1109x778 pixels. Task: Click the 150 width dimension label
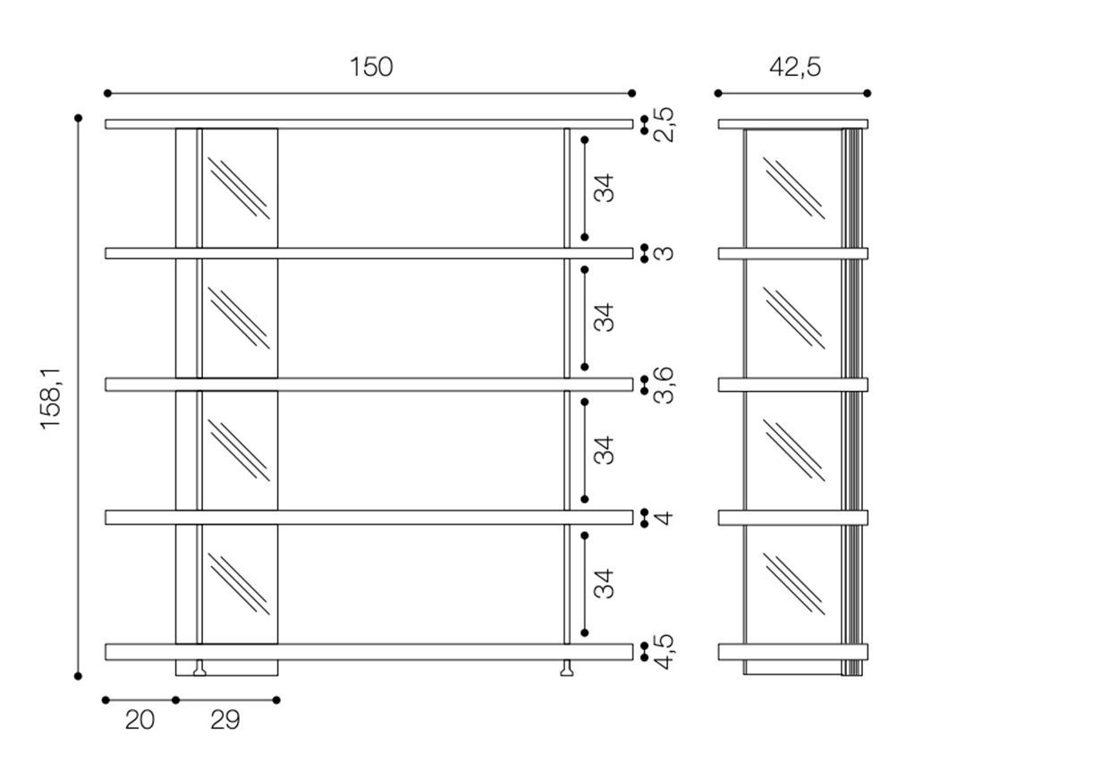tap(371, 67)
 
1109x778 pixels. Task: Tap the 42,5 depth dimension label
tap(794, 67)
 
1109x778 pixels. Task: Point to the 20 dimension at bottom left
tap(140, 720)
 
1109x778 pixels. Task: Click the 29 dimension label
tap(225, 720)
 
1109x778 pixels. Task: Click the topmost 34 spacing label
tap(604, 188)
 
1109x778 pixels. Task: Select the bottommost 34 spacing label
tap(604, 584)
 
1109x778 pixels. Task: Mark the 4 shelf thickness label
tap(664, 518)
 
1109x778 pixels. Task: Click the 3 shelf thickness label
tap(664, 253)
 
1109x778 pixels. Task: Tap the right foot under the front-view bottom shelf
tap(567, 668)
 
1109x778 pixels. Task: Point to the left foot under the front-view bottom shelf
tap(199, 668)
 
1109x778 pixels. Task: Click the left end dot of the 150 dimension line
tap(107, 93)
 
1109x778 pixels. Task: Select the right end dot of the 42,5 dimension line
tap(867, 93)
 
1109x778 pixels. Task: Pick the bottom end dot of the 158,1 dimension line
tap(78, 676)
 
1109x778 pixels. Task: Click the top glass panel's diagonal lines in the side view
tap(793, 188)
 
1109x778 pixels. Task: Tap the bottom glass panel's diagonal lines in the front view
tap(239, 584)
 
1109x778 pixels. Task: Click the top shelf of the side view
tap(792, 124)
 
